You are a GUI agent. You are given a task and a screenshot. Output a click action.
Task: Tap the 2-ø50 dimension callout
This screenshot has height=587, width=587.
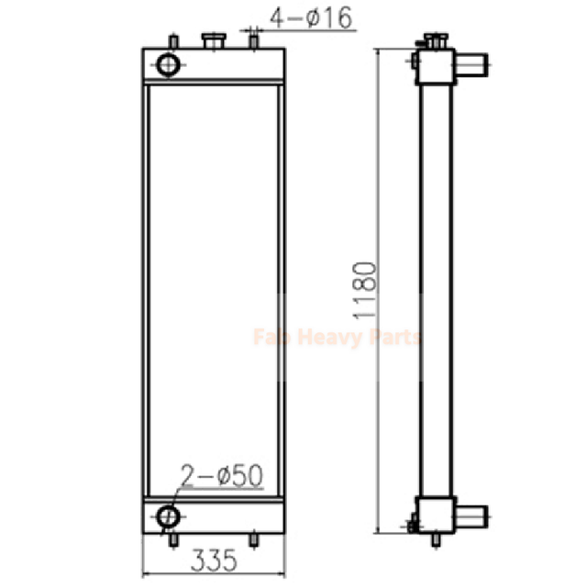[x=223, y=476]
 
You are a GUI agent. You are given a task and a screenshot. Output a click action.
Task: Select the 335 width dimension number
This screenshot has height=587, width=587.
[x=212, y=557]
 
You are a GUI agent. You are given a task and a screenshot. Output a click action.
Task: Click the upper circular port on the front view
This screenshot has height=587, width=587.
[x=170, y=63]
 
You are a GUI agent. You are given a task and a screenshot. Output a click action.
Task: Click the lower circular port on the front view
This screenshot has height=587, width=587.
[x=168, y=515]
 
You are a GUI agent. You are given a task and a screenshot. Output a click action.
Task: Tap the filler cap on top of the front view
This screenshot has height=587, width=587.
[x=213, y=40]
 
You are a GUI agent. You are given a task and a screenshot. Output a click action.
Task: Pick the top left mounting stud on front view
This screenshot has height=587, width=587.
[x=172, y=41]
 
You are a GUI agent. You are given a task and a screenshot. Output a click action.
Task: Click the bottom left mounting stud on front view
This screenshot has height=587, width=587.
[x=172, y=540]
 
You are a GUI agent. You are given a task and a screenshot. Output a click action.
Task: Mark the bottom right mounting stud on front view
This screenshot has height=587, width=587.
[x=254, y=540]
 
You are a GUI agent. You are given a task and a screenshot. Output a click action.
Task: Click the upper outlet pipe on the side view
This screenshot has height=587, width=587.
[x=471, y=64]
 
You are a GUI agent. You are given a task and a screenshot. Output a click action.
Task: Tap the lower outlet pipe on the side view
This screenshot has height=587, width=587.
[x=471, y=515]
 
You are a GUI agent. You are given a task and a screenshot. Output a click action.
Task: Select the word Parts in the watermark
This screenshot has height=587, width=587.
[x=393, y=338]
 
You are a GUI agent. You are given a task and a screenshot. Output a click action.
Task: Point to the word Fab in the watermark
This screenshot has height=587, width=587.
[x=270, y=338]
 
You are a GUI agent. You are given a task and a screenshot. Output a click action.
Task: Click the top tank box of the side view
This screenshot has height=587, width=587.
[x=436, y=65]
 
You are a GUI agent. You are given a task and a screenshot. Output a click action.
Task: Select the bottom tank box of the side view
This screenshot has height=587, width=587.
[x=436, y=513]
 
